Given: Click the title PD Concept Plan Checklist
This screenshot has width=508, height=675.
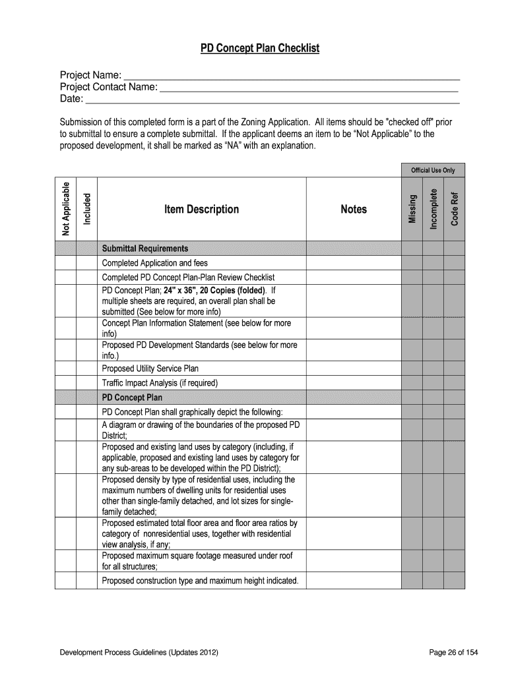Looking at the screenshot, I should (x=260, y=49).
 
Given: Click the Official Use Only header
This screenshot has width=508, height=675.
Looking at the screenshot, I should (x=433, y=170).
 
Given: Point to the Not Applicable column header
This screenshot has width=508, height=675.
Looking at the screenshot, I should (x=65, y=208).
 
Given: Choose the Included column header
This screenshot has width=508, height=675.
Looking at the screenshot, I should (x=86, y=208).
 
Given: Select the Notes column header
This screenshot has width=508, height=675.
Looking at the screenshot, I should (x=353, y=209).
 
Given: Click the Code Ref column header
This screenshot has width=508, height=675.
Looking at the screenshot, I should (x=454, y=208).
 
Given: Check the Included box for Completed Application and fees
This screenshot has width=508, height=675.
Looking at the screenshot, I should (x=86, y=263).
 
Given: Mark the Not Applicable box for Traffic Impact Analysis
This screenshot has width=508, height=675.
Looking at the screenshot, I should (x=65, y=383).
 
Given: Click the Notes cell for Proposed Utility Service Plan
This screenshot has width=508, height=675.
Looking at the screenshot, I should (x=353, y=368).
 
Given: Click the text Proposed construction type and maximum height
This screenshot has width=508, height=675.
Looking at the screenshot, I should (x=200, y=581).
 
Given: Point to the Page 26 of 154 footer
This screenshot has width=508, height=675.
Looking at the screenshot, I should (x=453, y=653).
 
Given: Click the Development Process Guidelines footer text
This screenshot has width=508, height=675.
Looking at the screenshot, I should (x=139, y=653).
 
